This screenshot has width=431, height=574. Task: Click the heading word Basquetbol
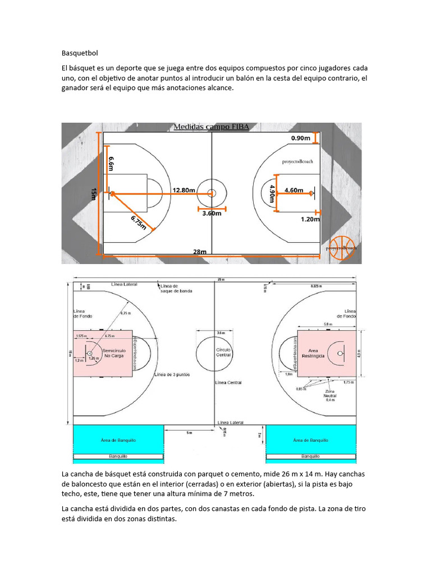[x=80, y=53]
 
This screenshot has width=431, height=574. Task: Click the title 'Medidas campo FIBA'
[x=212, y=127]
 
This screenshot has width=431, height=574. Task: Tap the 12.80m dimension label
[x=184, y=190]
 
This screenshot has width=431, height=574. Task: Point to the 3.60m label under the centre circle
[x=212, y=213]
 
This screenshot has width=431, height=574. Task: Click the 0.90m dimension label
[x=300, y=138]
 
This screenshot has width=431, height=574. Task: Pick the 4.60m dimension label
[x=294, y=190]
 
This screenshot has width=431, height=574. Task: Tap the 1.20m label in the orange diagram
[x=309, y=219]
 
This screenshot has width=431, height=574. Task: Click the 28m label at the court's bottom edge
[x=200, y=252]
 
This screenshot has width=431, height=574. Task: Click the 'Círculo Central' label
[x=223, y=352]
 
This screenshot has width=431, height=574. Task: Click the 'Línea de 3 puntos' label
[x=172, y=374]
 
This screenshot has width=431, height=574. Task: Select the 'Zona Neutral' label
[x=330, y=395]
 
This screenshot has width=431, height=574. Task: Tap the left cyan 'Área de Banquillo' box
[x=118, y=440]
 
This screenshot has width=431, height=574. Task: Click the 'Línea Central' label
[x=228, y=383]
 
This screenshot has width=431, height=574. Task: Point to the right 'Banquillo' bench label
[x=310, y=456]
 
